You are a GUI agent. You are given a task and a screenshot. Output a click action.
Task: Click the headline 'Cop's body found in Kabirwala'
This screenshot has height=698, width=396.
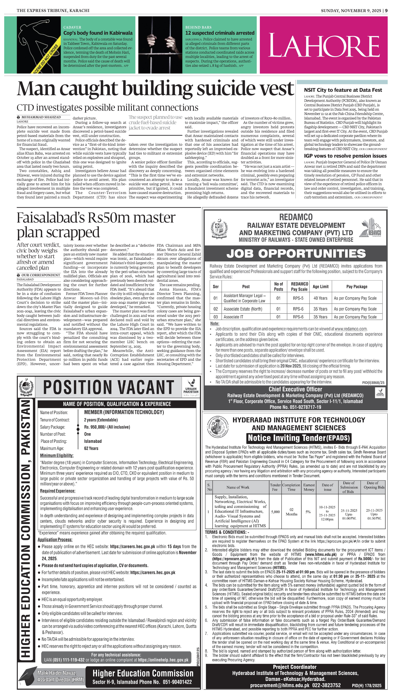[x=98, y=33]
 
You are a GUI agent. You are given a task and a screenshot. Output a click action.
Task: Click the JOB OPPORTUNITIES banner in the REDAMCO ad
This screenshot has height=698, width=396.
[x=296, y=254]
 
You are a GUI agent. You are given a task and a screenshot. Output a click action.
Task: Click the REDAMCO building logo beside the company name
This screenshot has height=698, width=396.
[x=371, y=228]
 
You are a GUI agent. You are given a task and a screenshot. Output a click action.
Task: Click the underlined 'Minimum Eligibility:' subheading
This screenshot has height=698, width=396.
[x=57, y=455]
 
